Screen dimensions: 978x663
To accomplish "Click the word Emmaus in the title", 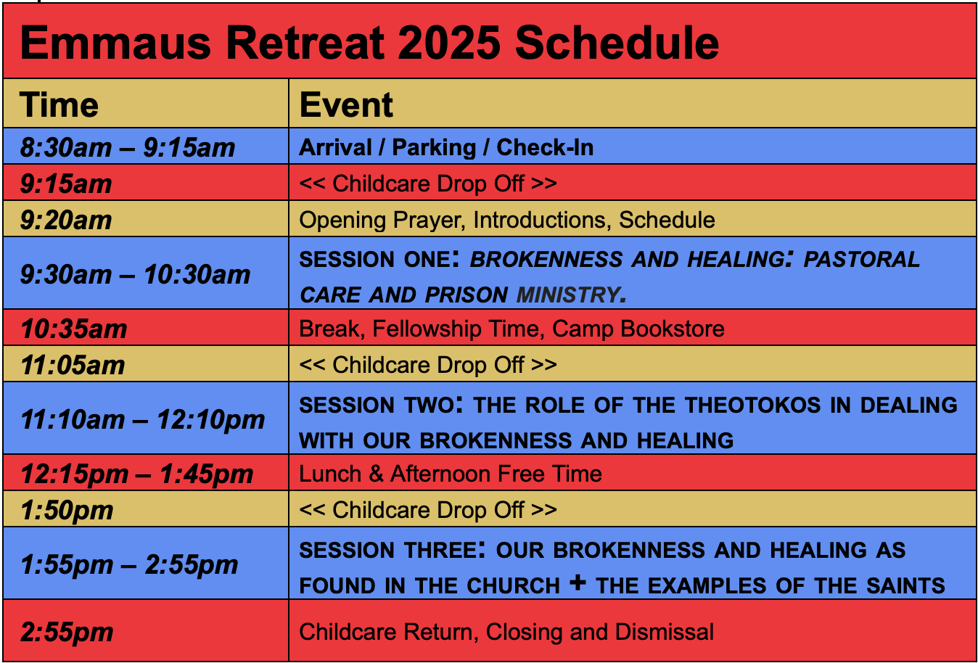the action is point(115,43).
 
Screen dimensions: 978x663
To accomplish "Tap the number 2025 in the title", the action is point(449,43).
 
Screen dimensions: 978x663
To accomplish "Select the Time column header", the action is point(59,105).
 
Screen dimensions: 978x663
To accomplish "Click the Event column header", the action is point(346,105).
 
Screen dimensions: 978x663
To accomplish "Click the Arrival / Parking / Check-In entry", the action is point(446,147).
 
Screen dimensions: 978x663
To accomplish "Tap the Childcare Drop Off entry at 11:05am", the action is point(428,365).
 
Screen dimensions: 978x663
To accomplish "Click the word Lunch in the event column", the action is point(330,474).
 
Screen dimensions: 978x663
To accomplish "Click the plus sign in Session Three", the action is point(578,582).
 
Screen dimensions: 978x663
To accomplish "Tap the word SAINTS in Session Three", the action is point(905,585).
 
